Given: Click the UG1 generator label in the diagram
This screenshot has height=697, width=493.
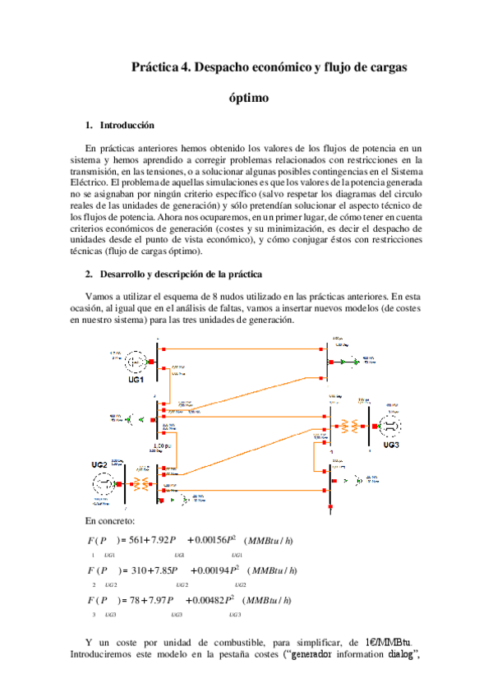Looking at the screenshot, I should (136, 380).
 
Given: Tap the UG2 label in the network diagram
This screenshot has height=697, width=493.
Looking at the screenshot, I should (99, 465).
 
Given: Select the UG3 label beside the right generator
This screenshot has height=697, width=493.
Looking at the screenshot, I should (390, 445).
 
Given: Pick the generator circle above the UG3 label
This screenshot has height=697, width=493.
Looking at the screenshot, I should (390, 426).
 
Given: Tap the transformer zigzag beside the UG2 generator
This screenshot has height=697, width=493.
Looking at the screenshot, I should (143, 483).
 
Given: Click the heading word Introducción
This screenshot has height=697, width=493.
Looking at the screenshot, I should (127, 126).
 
